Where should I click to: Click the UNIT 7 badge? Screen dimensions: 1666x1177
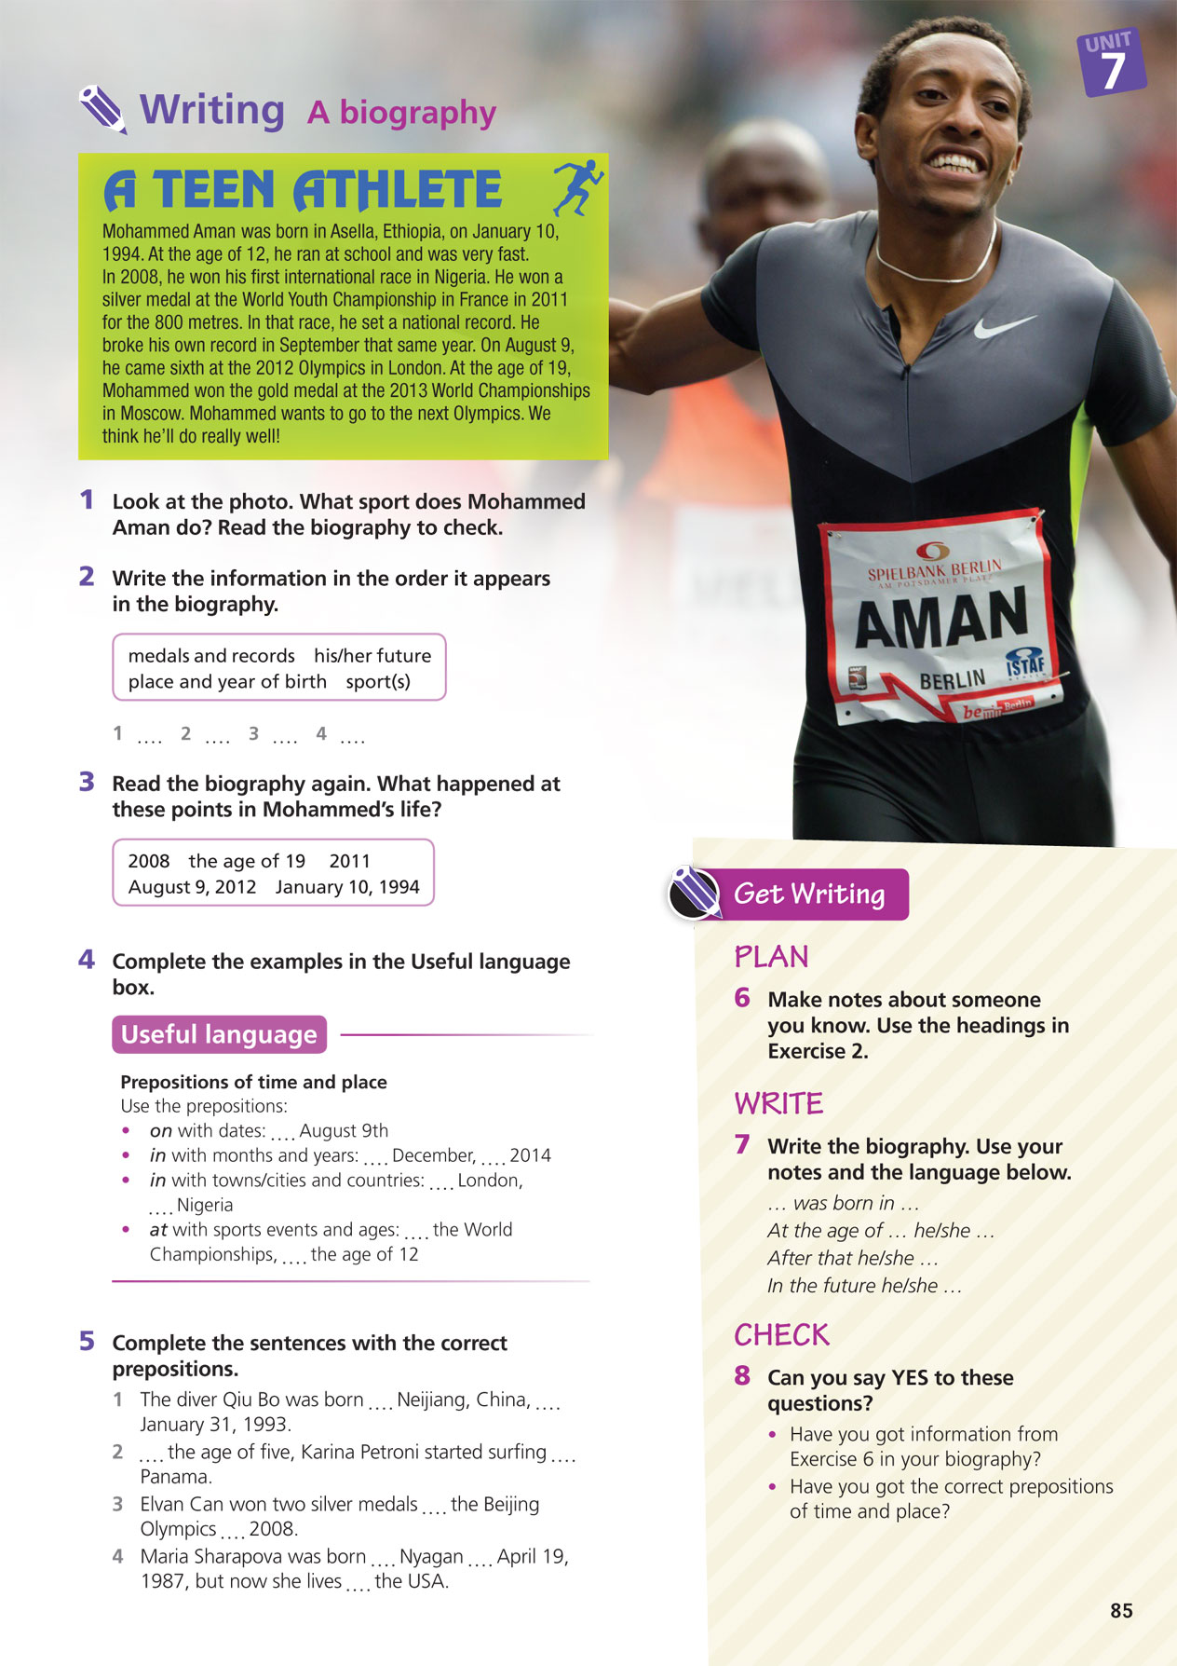click(1111, 63)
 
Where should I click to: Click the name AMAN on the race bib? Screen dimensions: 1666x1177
click(940, 618)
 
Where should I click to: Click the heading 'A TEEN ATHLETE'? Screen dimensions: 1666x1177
click(304, 190)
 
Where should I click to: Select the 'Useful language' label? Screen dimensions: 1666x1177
click(219, 1034)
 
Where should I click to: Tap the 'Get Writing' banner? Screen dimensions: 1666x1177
click(808, 894)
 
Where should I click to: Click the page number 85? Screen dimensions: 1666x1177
click(1121, 1611)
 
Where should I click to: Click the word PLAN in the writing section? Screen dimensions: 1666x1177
click(771, 957)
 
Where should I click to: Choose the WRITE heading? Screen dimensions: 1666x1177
click(778, 1103)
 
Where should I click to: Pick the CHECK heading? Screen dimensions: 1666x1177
click(781, 1335)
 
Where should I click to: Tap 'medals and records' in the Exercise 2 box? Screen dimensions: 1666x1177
click(211, 655)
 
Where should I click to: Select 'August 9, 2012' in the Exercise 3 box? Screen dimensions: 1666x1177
click(192, 886)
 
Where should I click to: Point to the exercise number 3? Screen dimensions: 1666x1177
click(87, 782)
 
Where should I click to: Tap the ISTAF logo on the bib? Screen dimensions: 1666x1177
click(1025, 664)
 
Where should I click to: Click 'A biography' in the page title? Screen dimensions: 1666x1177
click(401, 113)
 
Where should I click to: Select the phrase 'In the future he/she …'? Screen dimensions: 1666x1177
click(864, 1286)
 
